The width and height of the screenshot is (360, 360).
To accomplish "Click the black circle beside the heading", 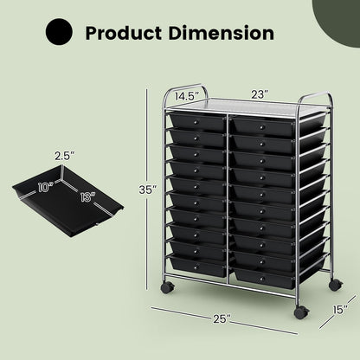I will tap(61, 34).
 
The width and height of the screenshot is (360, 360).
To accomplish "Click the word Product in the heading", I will tap(127, 35).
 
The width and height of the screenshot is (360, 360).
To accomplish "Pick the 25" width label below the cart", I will tap(224, 319).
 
